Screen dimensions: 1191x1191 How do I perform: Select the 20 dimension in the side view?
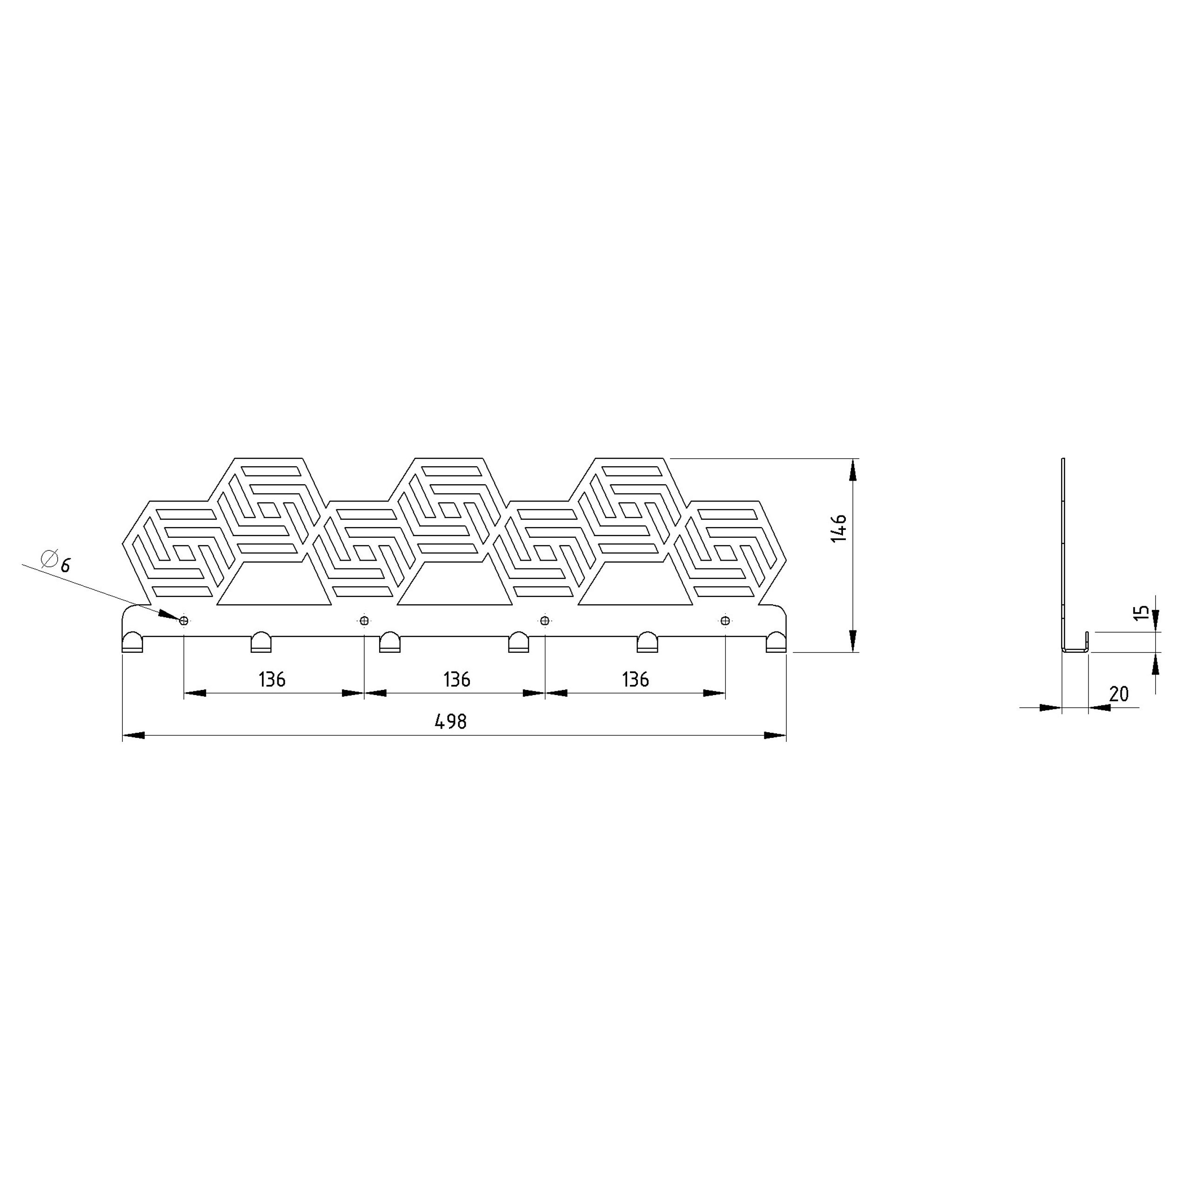(1119, 694)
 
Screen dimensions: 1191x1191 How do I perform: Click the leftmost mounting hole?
(184, 621)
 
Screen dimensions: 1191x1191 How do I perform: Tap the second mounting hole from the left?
(364, 621)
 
